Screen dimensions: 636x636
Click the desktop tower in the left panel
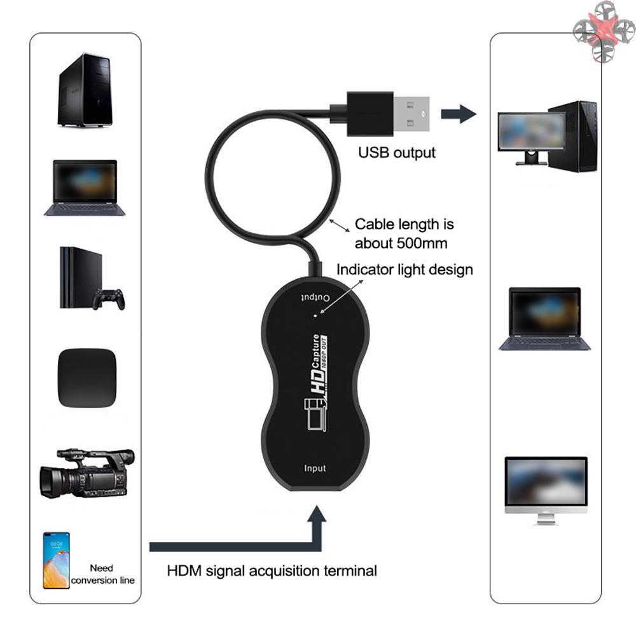[85, 90]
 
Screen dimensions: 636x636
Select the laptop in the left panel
[85, 188]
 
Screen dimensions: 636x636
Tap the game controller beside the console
[109, 299]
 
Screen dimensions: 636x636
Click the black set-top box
[86, 378]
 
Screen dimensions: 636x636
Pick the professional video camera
[86, 473]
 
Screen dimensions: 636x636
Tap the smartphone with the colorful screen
[57, 560]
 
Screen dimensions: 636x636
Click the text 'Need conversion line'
[102, 574]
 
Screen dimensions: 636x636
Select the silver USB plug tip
[411, 114]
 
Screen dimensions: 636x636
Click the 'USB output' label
[397, 153]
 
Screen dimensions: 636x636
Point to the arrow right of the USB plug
[459, 114]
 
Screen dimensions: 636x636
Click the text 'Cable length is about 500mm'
[404, 233]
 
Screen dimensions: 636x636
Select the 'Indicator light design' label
[404, 269]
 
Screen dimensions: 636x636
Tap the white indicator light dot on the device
[316, 315]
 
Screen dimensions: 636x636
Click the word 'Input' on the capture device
[315, 468]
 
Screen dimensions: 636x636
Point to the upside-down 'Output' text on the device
[315, 297]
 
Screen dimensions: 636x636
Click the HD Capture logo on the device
[316, 383]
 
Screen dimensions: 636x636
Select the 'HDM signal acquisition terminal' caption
[272, 570]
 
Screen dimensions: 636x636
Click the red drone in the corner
[603, 32]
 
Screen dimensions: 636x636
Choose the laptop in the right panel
[544, 319]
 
